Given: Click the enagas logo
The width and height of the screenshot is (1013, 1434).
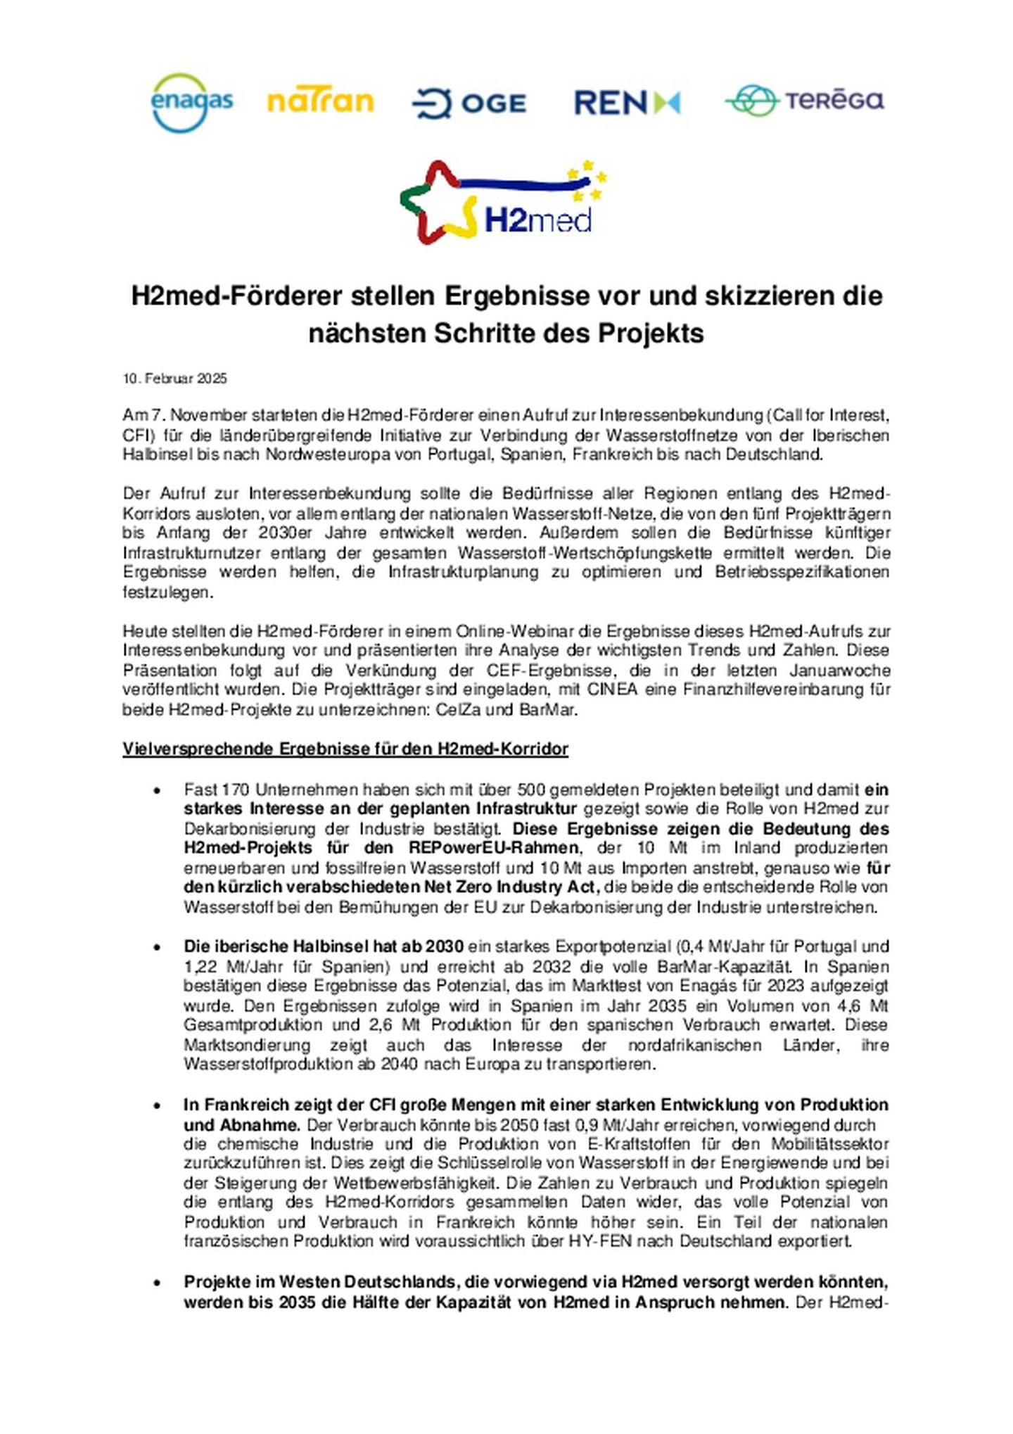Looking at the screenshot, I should [191, 103].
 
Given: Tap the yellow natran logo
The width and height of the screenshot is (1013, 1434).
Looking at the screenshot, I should [320, 102].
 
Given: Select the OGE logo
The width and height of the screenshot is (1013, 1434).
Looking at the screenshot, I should [469, 103].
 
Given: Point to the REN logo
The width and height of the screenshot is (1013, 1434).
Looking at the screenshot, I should [626, 103].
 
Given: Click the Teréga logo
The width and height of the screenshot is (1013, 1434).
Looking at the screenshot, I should [804, 101].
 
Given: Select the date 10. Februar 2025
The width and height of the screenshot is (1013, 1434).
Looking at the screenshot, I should [174, 379].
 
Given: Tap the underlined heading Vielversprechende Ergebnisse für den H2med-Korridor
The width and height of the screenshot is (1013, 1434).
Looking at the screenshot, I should [345, 749].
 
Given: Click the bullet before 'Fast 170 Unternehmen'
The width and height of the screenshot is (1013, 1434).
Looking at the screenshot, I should [157, 791].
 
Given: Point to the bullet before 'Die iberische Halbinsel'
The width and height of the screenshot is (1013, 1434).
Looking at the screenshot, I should [157, 947].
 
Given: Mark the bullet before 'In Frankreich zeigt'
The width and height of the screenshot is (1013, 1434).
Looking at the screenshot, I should [157, 1106].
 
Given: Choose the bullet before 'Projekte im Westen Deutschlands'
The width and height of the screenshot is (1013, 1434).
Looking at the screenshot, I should [157, 1283].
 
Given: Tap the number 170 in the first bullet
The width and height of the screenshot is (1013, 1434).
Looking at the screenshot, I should [236, 789].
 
